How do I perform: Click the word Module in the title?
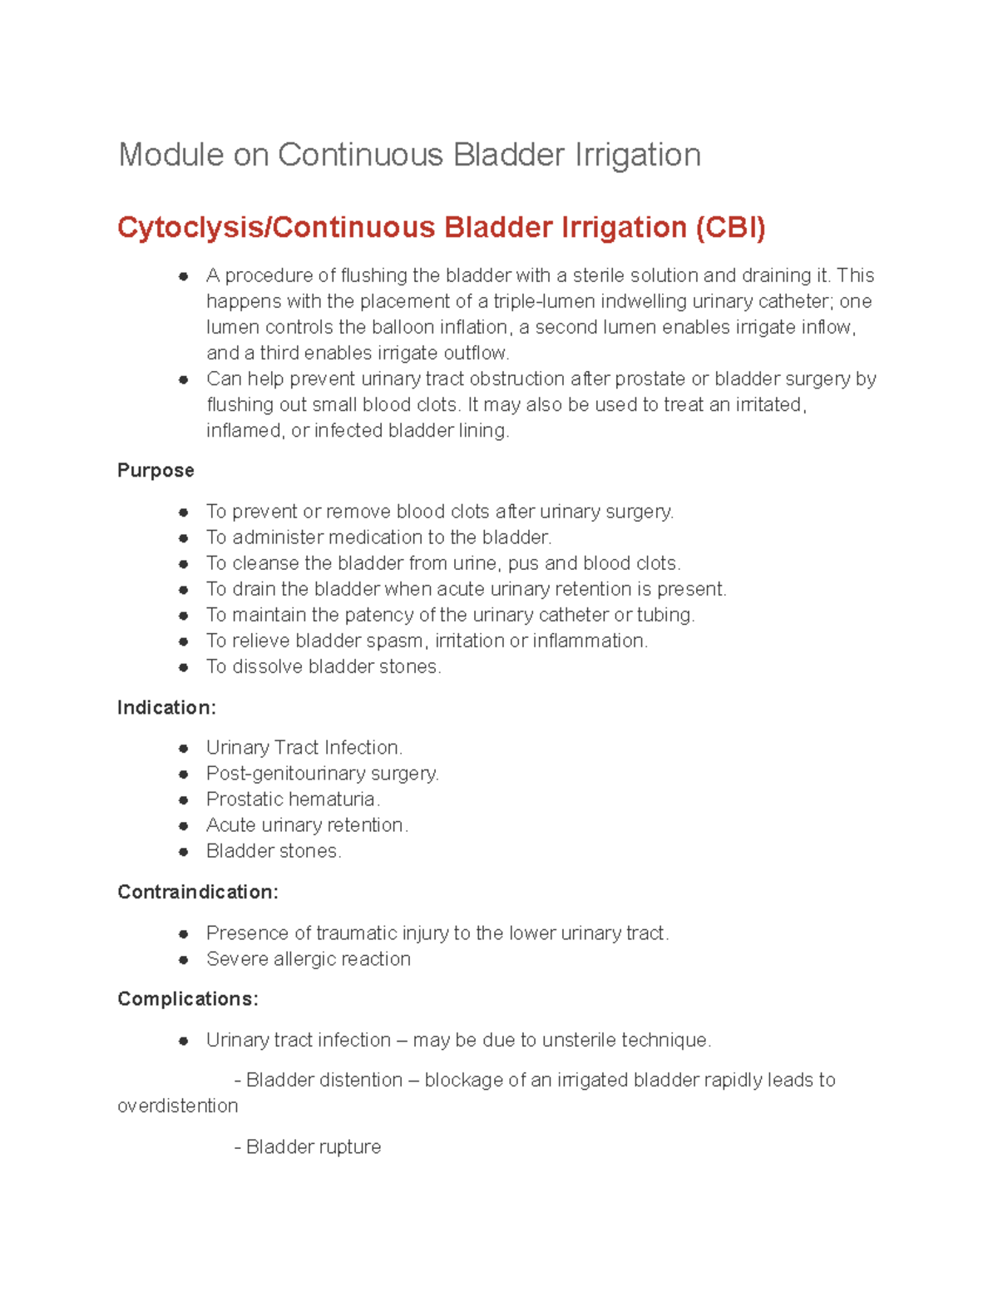[170, 155]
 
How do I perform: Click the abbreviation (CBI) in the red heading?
[730, 227]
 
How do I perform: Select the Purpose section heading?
[156, 470]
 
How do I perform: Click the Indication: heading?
[166, 707]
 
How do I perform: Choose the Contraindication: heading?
[198, 892]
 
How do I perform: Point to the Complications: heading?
[188, 998]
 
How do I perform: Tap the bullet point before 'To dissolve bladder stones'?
[184, 667]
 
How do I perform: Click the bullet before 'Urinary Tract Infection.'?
[184, 748]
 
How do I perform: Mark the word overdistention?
[178, 1106]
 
